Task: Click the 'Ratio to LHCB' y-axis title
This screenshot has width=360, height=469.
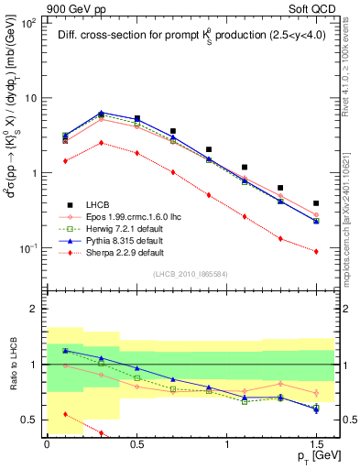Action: coord(11,366)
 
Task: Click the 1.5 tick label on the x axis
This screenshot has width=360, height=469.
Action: coord(316,443)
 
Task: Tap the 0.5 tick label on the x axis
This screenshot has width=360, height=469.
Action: coord(136,443)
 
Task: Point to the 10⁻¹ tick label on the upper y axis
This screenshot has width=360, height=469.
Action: coord(27,248)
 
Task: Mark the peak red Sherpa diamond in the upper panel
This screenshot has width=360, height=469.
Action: coord(101,143)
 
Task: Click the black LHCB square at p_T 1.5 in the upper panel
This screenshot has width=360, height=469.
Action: coord(316,203)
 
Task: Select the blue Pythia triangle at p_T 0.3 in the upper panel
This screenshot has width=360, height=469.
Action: coord(101,113)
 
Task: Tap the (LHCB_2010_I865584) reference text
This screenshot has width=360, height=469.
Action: coord(190,275)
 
